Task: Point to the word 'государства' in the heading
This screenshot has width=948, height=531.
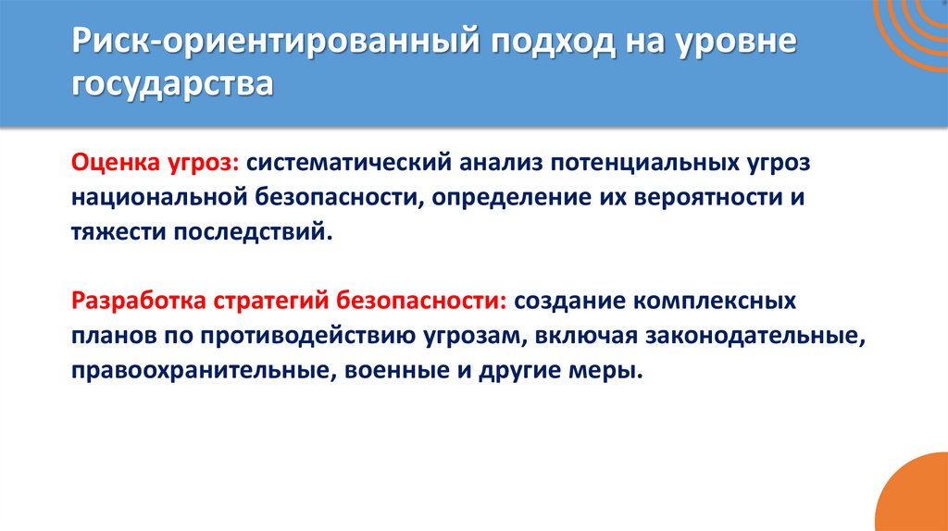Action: [x=173, y=86]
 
